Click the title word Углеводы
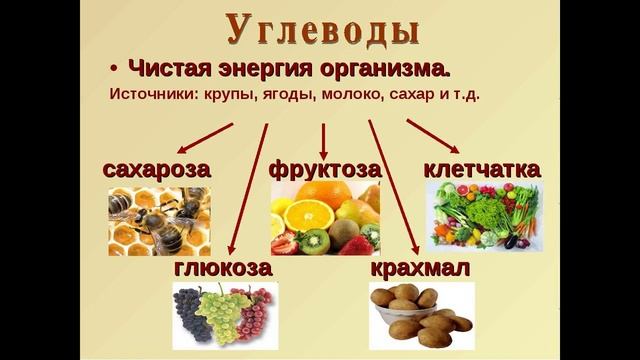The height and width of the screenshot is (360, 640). pos(320,30)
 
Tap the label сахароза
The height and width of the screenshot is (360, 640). pos(157,169)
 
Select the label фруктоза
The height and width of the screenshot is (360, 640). pos(325,169)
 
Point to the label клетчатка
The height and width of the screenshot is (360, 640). pos(483,169)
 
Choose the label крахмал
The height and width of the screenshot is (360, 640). pos(420,270)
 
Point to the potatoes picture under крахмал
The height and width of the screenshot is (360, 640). pos(420,315)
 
